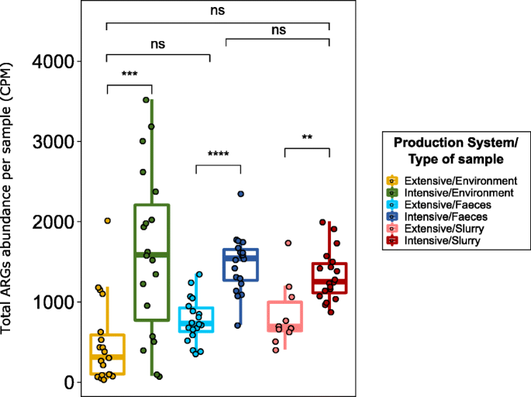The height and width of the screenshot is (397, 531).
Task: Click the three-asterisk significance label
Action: (x=129, y=75)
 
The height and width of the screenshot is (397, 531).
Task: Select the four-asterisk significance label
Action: (x=218, y=154)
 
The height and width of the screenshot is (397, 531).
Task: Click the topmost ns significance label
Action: (x=218, y=11)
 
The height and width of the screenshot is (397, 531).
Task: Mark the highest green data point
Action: (x=146, y=100)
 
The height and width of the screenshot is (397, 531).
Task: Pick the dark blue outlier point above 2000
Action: (x=240, y=195)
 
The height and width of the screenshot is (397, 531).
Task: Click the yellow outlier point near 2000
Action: (x=108, y=221)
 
